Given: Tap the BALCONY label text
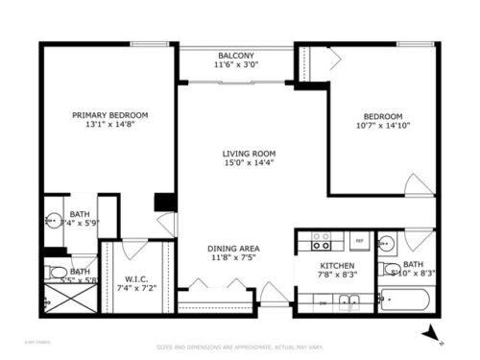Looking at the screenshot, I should pos(234,56).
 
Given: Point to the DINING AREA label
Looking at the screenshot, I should pos(234,248).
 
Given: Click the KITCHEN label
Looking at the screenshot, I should pos(337,265).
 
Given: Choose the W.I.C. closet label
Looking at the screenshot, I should pos(135,278).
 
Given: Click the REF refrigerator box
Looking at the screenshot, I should pos(359,241).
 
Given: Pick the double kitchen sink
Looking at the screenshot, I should pos(351,301).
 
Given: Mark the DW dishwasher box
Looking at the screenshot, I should pos(322,301).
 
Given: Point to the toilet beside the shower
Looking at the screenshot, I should pos(56,271).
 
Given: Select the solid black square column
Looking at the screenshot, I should pos(164,203).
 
